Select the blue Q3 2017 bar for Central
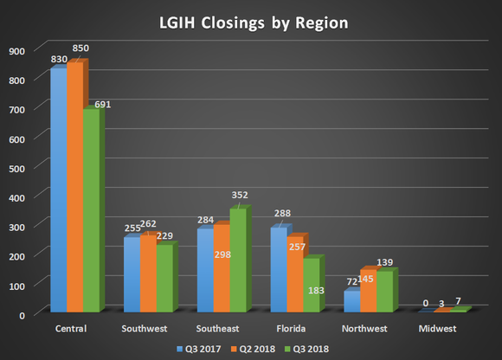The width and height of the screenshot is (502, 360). point(58,190)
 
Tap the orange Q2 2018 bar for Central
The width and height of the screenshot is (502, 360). point(74,187)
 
